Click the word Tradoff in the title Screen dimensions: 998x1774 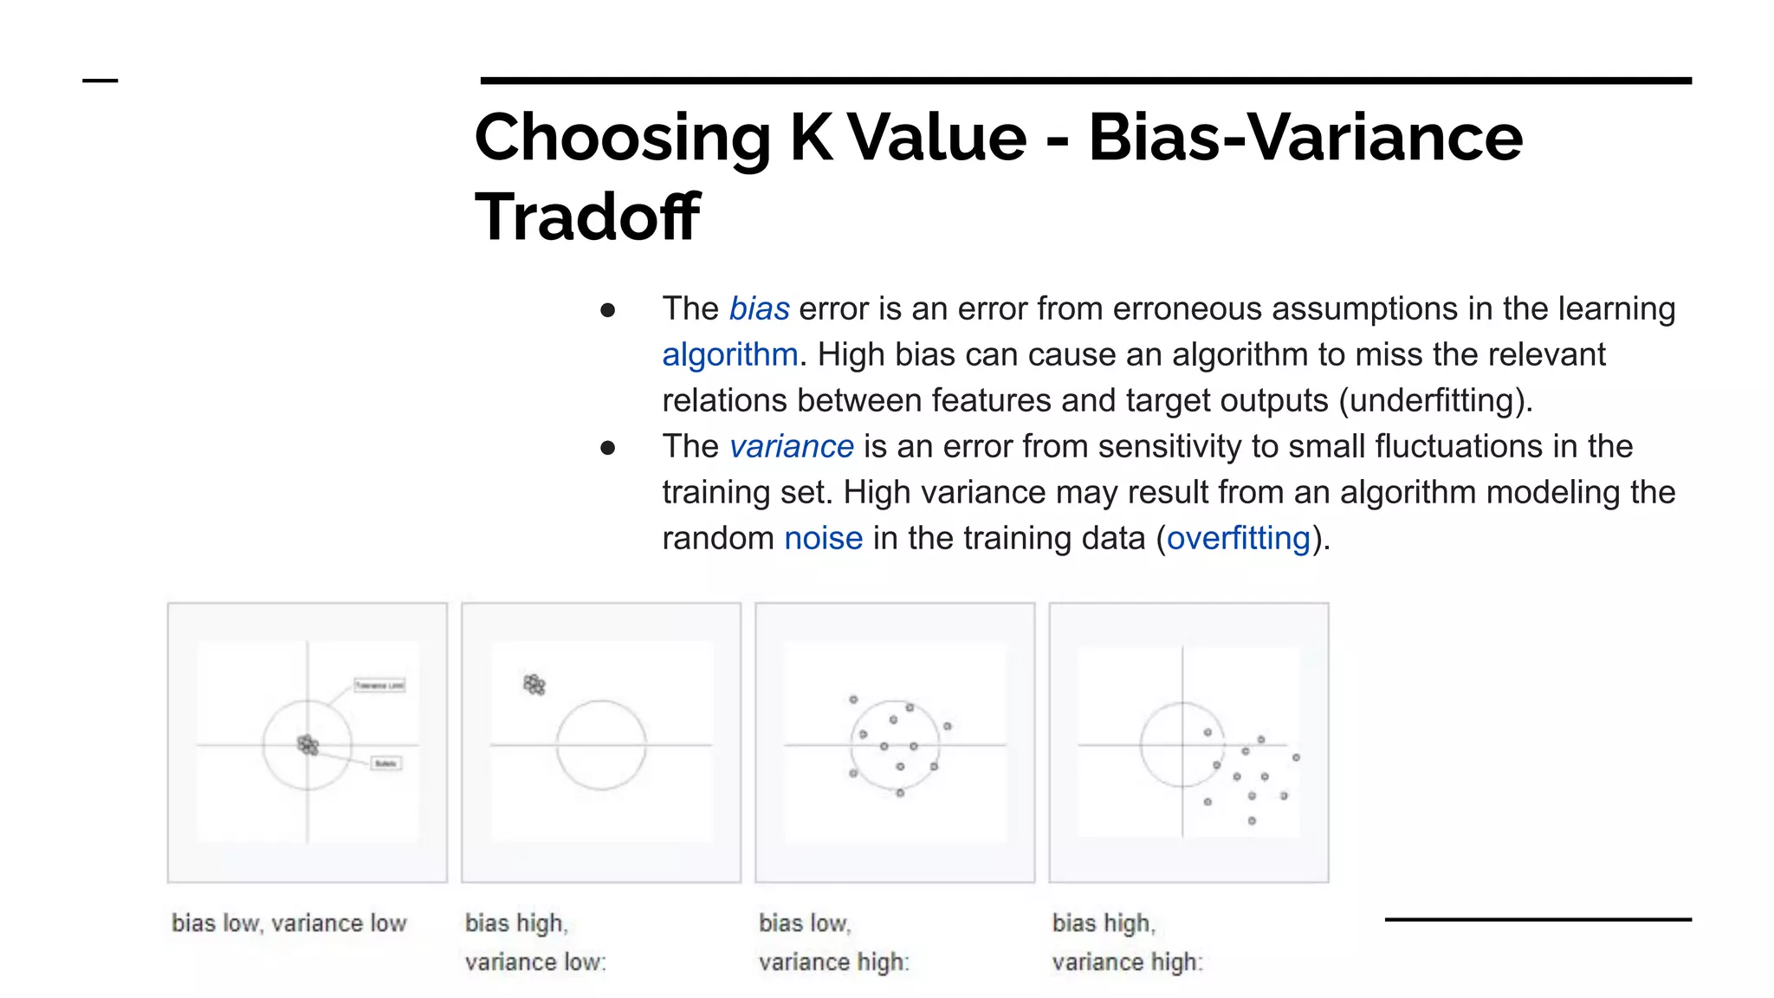587,217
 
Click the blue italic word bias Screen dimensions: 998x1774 759,309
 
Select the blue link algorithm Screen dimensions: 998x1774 729,355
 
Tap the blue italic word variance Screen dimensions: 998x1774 791,447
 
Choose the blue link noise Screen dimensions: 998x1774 823,539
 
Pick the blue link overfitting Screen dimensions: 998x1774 1238,539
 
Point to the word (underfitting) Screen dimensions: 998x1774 1434,401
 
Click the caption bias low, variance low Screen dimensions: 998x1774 288,923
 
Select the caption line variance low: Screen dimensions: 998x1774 535,962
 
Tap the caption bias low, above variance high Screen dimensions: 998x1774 805,923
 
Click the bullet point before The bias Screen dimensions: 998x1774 607,310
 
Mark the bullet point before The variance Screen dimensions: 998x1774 607,448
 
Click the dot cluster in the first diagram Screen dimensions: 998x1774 308,744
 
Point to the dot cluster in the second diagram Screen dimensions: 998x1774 534,685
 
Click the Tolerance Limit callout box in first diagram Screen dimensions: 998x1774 379,685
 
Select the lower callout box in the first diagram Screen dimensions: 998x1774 385,763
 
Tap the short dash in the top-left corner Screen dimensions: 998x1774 100,81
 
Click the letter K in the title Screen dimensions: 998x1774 811,138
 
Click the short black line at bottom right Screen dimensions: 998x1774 1538,919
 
